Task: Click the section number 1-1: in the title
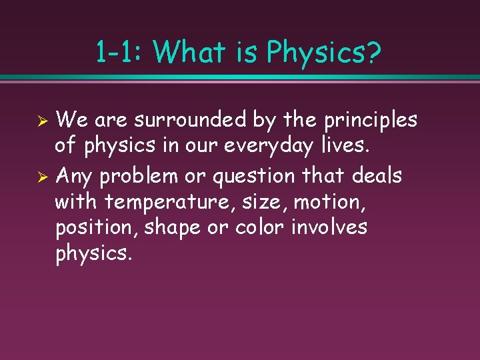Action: click(119, 52)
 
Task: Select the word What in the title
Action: click(189, 52)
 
